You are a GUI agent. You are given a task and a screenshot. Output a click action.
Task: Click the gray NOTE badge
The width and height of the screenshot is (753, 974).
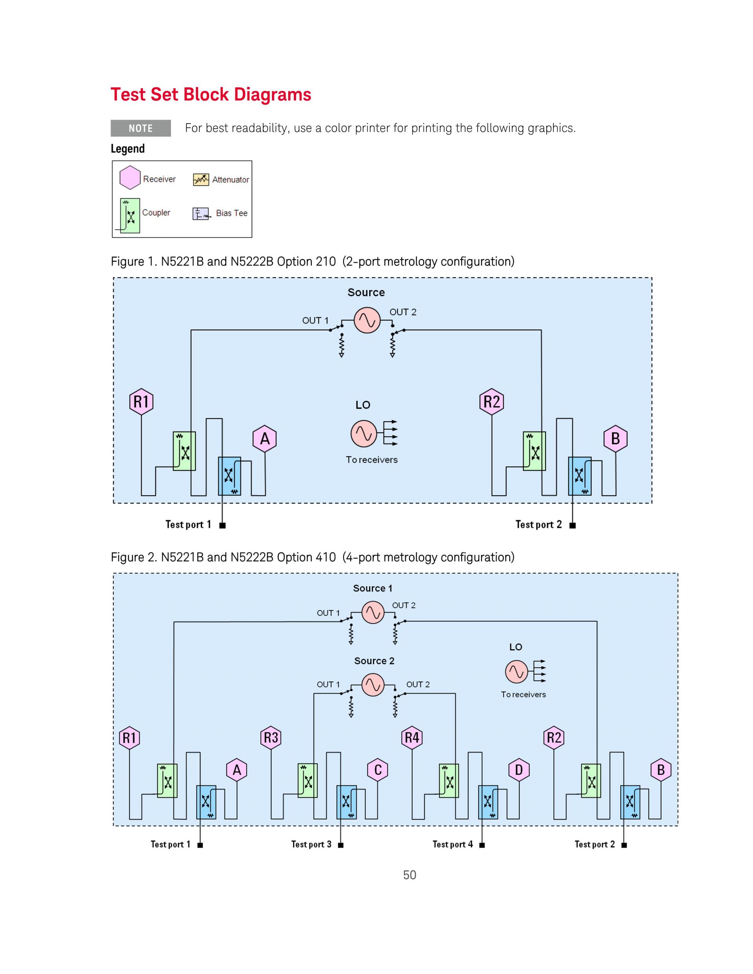point(140,129)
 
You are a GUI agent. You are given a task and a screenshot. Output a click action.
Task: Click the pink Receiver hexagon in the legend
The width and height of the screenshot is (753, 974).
point(130,178)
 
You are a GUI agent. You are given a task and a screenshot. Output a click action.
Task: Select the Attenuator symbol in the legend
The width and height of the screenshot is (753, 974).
point(201,179)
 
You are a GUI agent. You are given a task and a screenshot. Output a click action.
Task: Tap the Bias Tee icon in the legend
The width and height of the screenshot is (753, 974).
point(201,214)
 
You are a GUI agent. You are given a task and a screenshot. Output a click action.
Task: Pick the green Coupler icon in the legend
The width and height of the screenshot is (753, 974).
point(130,216)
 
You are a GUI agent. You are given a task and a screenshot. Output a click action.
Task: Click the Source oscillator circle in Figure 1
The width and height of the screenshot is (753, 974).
point(367,320)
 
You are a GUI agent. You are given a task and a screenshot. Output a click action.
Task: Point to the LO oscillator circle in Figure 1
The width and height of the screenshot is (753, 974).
point(364,434)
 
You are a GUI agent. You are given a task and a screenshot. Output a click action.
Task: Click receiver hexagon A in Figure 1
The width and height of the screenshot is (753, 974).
point(265,439)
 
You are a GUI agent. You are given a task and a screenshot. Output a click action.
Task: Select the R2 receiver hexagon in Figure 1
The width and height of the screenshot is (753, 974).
point(491,402)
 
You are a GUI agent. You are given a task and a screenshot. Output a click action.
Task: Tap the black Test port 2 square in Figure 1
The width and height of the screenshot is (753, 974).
point(573,525)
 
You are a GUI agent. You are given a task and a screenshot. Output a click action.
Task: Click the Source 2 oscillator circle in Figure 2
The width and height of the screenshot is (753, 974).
point(373,685)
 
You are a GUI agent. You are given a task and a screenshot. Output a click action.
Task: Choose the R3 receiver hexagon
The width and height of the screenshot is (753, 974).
point(271,738)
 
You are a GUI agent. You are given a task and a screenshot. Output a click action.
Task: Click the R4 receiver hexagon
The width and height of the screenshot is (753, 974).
point(412,738)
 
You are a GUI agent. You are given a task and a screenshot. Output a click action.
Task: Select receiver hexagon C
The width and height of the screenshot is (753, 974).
point(378,770)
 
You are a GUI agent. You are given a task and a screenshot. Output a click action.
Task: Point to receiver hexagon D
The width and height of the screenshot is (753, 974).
point(519,770)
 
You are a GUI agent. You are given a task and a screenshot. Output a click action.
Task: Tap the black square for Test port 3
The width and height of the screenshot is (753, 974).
point(341,845)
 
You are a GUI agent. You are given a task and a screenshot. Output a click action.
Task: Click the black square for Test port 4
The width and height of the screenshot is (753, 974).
point(482,845)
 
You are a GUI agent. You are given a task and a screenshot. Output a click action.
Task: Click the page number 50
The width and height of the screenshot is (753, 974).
point(409,875)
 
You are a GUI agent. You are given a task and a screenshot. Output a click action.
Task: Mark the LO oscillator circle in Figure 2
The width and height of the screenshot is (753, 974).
point(516,672)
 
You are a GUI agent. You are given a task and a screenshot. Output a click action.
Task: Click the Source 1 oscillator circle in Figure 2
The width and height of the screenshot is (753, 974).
point(373,612)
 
